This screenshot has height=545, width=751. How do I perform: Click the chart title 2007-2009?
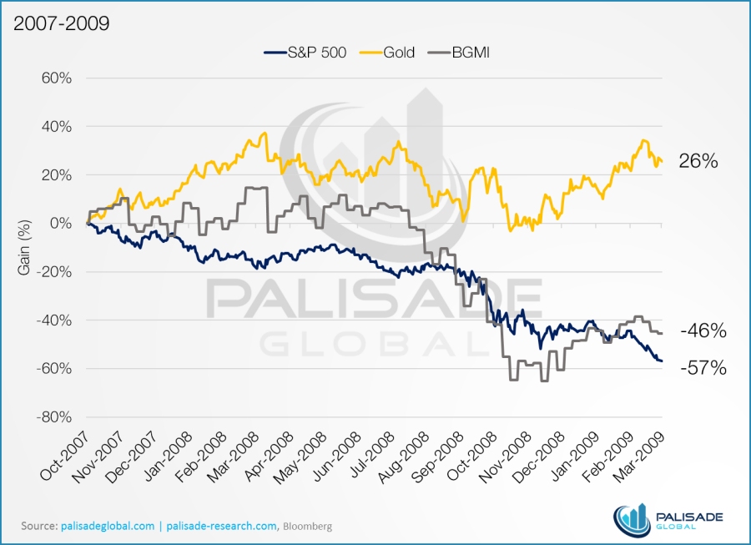coord(61,23)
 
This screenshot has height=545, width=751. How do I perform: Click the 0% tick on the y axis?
coord(59,224)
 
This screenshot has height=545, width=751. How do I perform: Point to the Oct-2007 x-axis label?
coord(67,459)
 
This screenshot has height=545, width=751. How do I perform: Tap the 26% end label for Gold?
coord(698,162)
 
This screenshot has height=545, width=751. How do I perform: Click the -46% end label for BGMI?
coord(702,331)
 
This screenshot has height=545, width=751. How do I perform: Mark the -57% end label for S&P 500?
coord(702,367)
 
